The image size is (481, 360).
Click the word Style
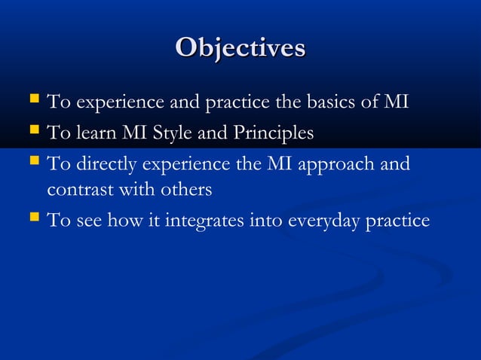[174, 133]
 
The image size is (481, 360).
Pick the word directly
[103, 163]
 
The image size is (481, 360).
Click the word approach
[336, 163]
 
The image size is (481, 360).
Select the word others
[186, 189]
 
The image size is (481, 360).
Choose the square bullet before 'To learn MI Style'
[32, 133]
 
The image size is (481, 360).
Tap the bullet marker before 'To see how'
[32, 220]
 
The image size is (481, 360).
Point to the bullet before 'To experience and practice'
[32, 100]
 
